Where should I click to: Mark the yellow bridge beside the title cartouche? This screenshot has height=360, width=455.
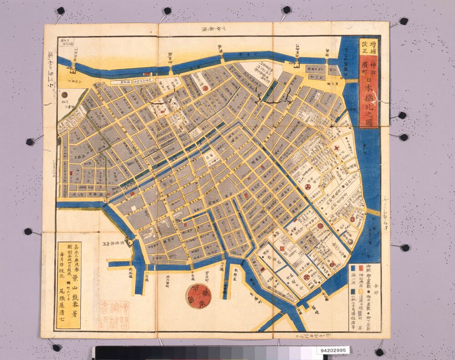pos(351,80)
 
